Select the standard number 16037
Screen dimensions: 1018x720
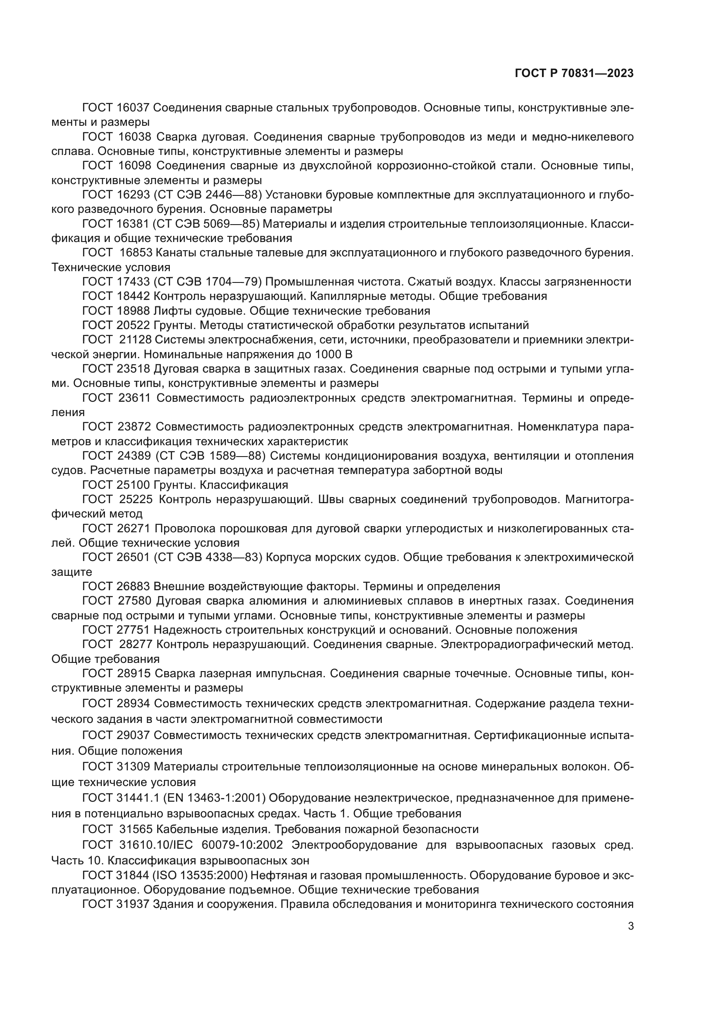135,108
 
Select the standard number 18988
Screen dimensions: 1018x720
135,310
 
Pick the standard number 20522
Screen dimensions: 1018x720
135,326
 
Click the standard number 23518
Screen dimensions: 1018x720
135,369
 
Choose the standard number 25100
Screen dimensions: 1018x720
135,484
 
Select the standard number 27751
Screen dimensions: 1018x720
135,630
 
